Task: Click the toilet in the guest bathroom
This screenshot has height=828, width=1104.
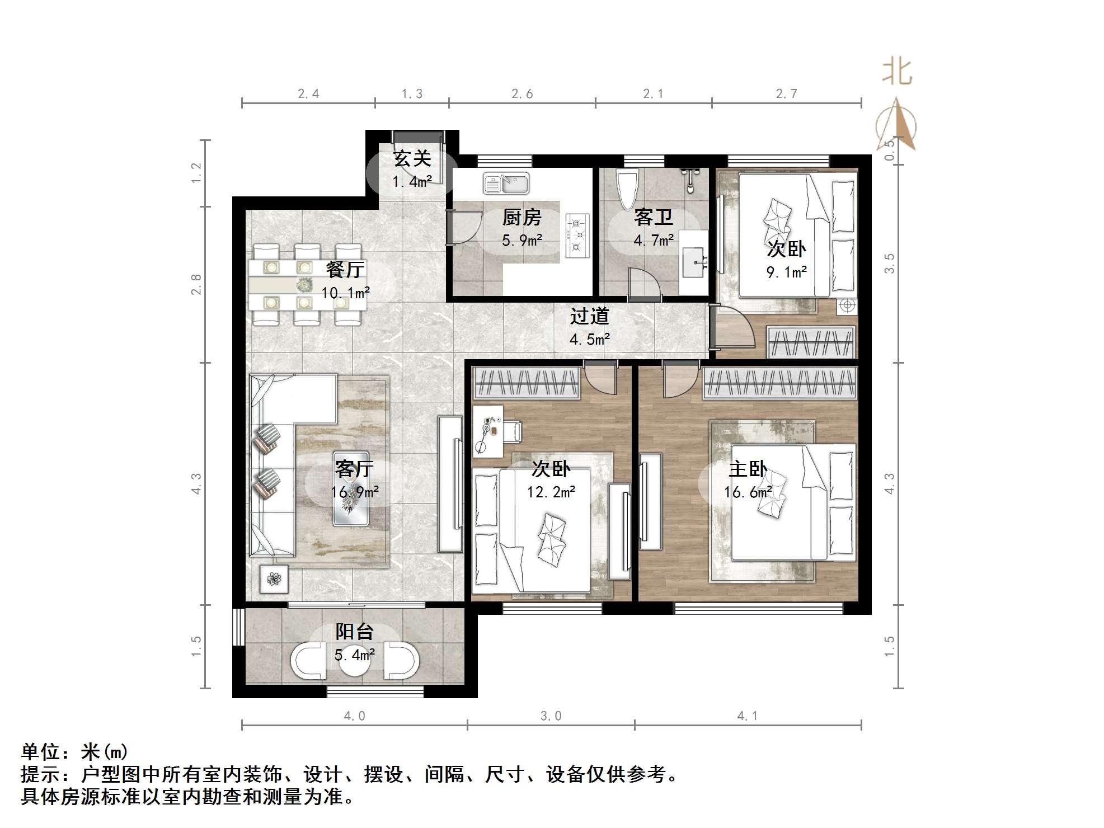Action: (x=627, y=189)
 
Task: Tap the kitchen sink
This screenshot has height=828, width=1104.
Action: (x=506, y=183)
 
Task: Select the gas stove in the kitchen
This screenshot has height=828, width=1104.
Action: (x=577, y=236)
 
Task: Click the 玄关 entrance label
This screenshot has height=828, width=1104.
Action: (x=412, y=159)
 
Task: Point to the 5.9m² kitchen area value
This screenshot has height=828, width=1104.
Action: (x=522, y=241)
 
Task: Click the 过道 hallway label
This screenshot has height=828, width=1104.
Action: (x=589, y=317)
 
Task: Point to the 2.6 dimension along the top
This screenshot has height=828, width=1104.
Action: (x=522, y=94)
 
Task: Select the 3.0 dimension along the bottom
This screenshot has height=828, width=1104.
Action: (x=551, y=716)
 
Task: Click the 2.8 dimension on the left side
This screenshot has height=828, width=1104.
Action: (x=196, y=284)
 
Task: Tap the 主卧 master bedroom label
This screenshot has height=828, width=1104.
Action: (x=748, y=469)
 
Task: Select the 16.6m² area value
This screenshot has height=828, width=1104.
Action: (x=748, y=492)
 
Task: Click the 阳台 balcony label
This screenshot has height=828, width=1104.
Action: (x=354, y=632)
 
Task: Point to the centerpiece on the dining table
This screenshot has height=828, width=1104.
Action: (x=304, y=284)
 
